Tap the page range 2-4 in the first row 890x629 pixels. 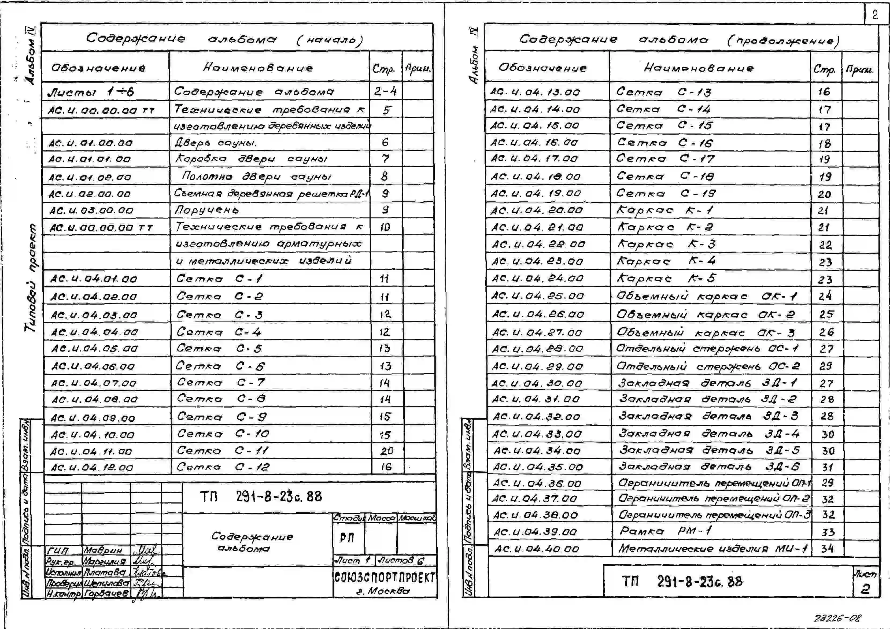coord(385,91)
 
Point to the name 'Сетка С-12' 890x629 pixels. coord(223,467)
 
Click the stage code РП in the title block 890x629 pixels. coord(347,538)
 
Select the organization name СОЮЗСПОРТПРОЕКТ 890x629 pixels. coord(385,578)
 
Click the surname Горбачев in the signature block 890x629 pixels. coord(106,593)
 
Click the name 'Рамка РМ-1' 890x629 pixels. coord(665,531)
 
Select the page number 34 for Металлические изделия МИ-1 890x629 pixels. coord(827,548)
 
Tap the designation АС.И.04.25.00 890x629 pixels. coord(537,296)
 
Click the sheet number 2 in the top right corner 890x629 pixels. coord(875,15)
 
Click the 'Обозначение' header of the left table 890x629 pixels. coord(98,68)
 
